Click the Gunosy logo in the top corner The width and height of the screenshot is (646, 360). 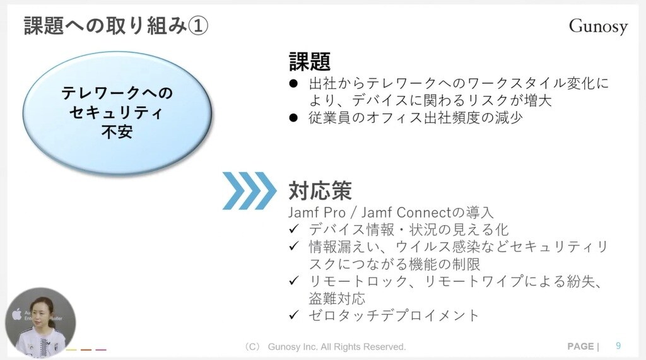pyautogui.click(x=598, y=26)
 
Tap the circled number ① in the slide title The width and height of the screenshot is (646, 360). pyautogui.click(x=197, y=26)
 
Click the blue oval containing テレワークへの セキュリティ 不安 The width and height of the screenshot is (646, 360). pyautogui.click(x=117, y=113)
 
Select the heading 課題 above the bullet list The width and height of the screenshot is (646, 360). pyautogui.click(x=309, y=61)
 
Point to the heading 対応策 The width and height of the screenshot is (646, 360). pyautogui.click(x=320, y=190)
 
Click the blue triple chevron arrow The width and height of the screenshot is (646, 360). pyautogui.click(x=249, y=190)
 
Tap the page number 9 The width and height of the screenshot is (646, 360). pyautogui.click(x=618, y=345)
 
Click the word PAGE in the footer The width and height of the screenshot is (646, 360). pyautogui.click(x=580, y=346)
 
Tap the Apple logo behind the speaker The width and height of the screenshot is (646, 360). pyautogui.click(x=16, y=314)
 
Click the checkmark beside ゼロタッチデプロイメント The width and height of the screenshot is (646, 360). pyautogui.click(x=293, y=315)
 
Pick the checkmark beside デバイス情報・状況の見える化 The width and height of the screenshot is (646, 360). pyautogui.click(x=293, y=229)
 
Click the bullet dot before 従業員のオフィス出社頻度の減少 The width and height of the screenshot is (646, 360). pyautogui.click(x=293, y=119)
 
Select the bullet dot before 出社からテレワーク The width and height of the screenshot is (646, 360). pyautogui.click(x=293, y=84)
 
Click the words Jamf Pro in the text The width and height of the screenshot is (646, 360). pyautogui.click(x=317, y=212)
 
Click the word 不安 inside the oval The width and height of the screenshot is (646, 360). pyautogui.click(x=117, y=132)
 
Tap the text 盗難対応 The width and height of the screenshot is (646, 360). pyautogui.click(x=337, y=298)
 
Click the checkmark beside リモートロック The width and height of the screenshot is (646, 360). pyautogui.click(x=293, y=281)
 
